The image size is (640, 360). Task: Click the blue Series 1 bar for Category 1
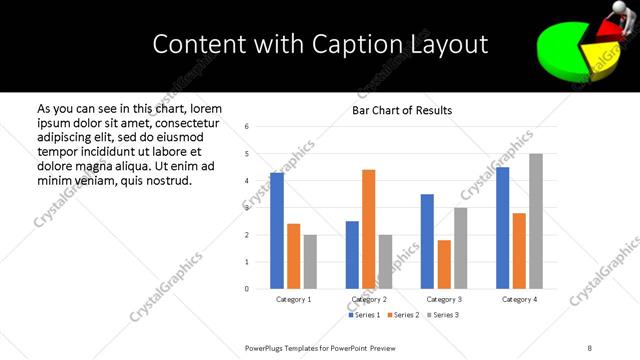click(277, 231)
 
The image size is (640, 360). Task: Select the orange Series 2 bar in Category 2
click(368, 229)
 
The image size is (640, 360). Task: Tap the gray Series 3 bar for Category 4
click(536, 221)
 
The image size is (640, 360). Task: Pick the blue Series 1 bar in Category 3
click(427, 241)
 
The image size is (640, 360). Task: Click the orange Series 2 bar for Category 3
click(444, 264)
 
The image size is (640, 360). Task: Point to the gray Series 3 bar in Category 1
click(310, 262)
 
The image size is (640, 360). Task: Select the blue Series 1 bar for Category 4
click(503, 228)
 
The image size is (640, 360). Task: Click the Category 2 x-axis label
click(369, 299)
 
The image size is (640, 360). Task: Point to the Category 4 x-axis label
click(519, 299)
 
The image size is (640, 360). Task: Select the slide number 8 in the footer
click(590, 347)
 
